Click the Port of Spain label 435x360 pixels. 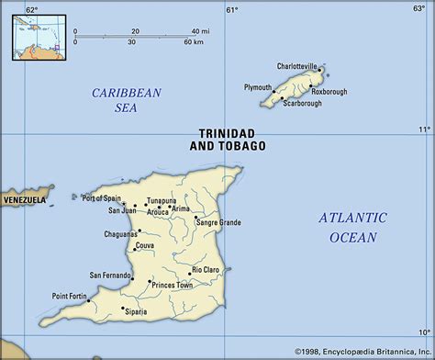pos(102,197)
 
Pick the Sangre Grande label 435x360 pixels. pos(217,223)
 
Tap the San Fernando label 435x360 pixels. pos(110,274)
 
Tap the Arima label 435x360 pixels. pos(182,208)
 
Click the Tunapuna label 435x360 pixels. pos(162,199)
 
